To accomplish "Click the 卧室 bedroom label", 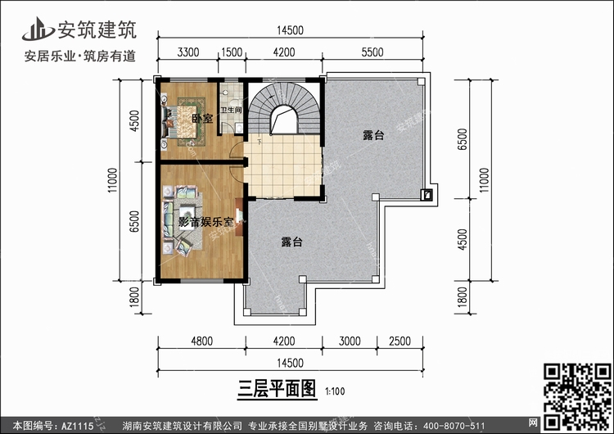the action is (x=202, y=118).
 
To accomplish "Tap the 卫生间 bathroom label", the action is (x=231, y=110).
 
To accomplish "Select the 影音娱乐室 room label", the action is (x=206, y=222).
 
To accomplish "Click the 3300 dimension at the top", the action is (x=188, y=52).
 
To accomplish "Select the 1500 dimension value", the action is (x=232, y=52).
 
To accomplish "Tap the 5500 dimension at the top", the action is (x=372, y=52).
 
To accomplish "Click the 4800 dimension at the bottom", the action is (x=201, y=341).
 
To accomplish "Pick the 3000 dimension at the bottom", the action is (x=350, y=341).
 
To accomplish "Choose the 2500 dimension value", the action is (x=400, y=341).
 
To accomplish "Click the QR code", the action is (x=577, y=396).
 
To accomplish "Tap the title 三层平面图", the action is (x=277, y=389).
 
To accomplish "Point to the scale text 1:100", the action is (x=335, y=391).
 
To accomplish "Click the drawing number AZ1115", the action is (x=77, y=426).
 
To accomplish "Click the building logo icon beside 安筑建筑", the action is (x=38, y=29).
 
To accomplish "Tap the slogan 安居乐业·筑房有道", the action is (x=80, y=56).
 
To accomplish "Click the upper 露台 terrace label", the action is (x=373, y=135).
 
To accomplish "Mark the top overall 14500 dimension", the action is (x=290, y=30).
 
